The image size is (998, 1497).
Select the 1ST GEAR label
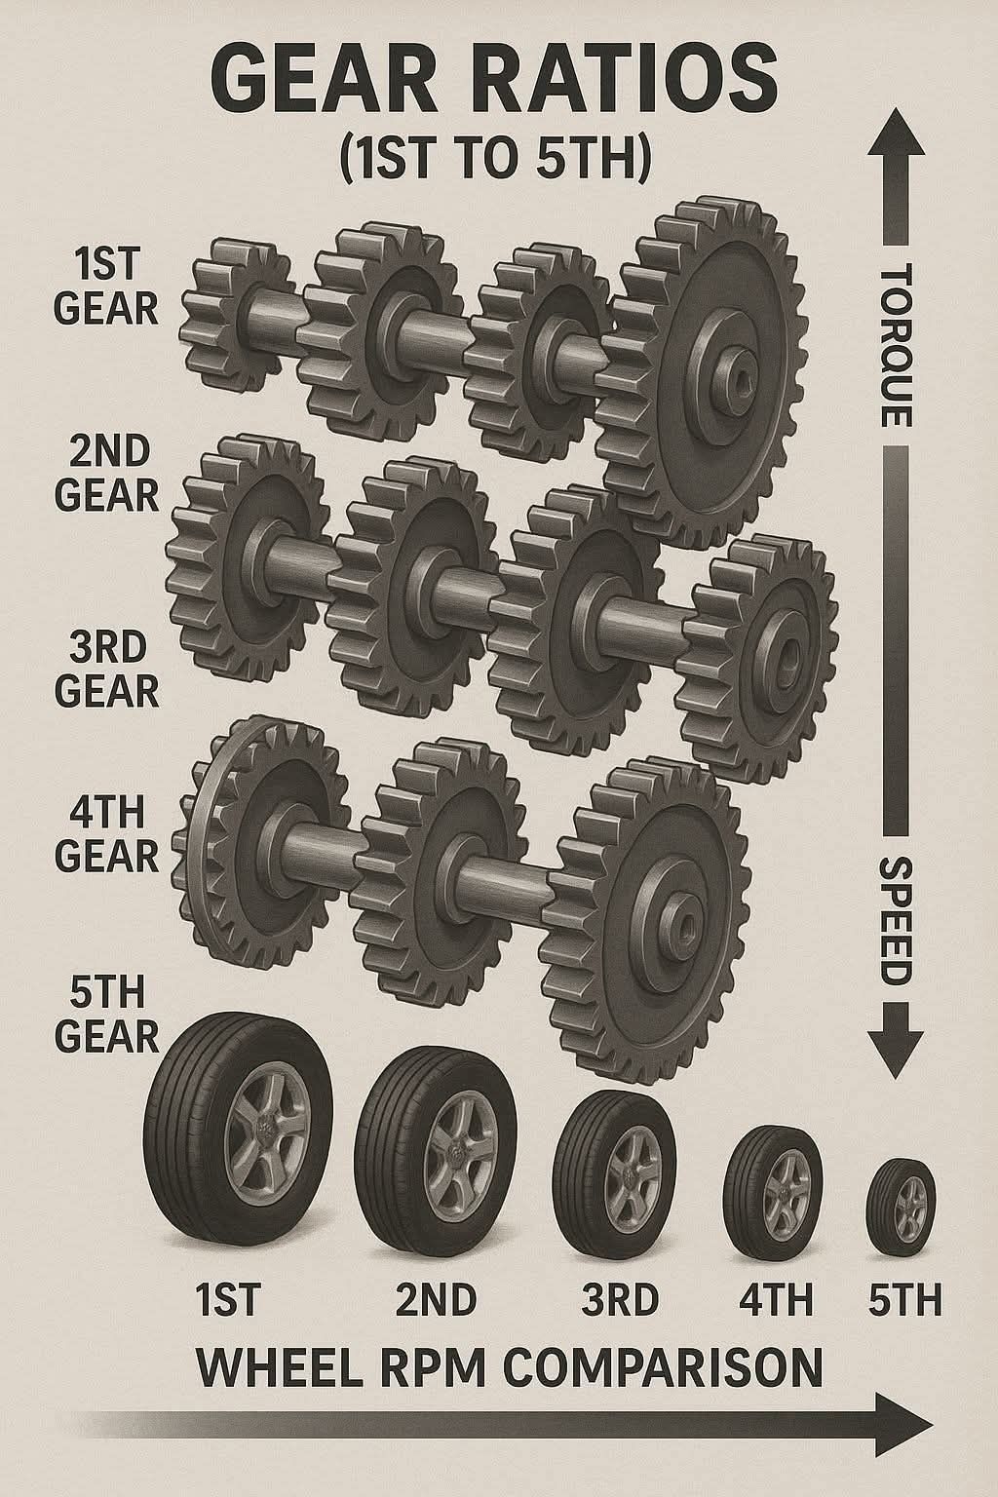[x=106, y=285]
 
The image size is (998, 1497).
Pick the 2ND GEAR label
[x=107, y=473]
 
